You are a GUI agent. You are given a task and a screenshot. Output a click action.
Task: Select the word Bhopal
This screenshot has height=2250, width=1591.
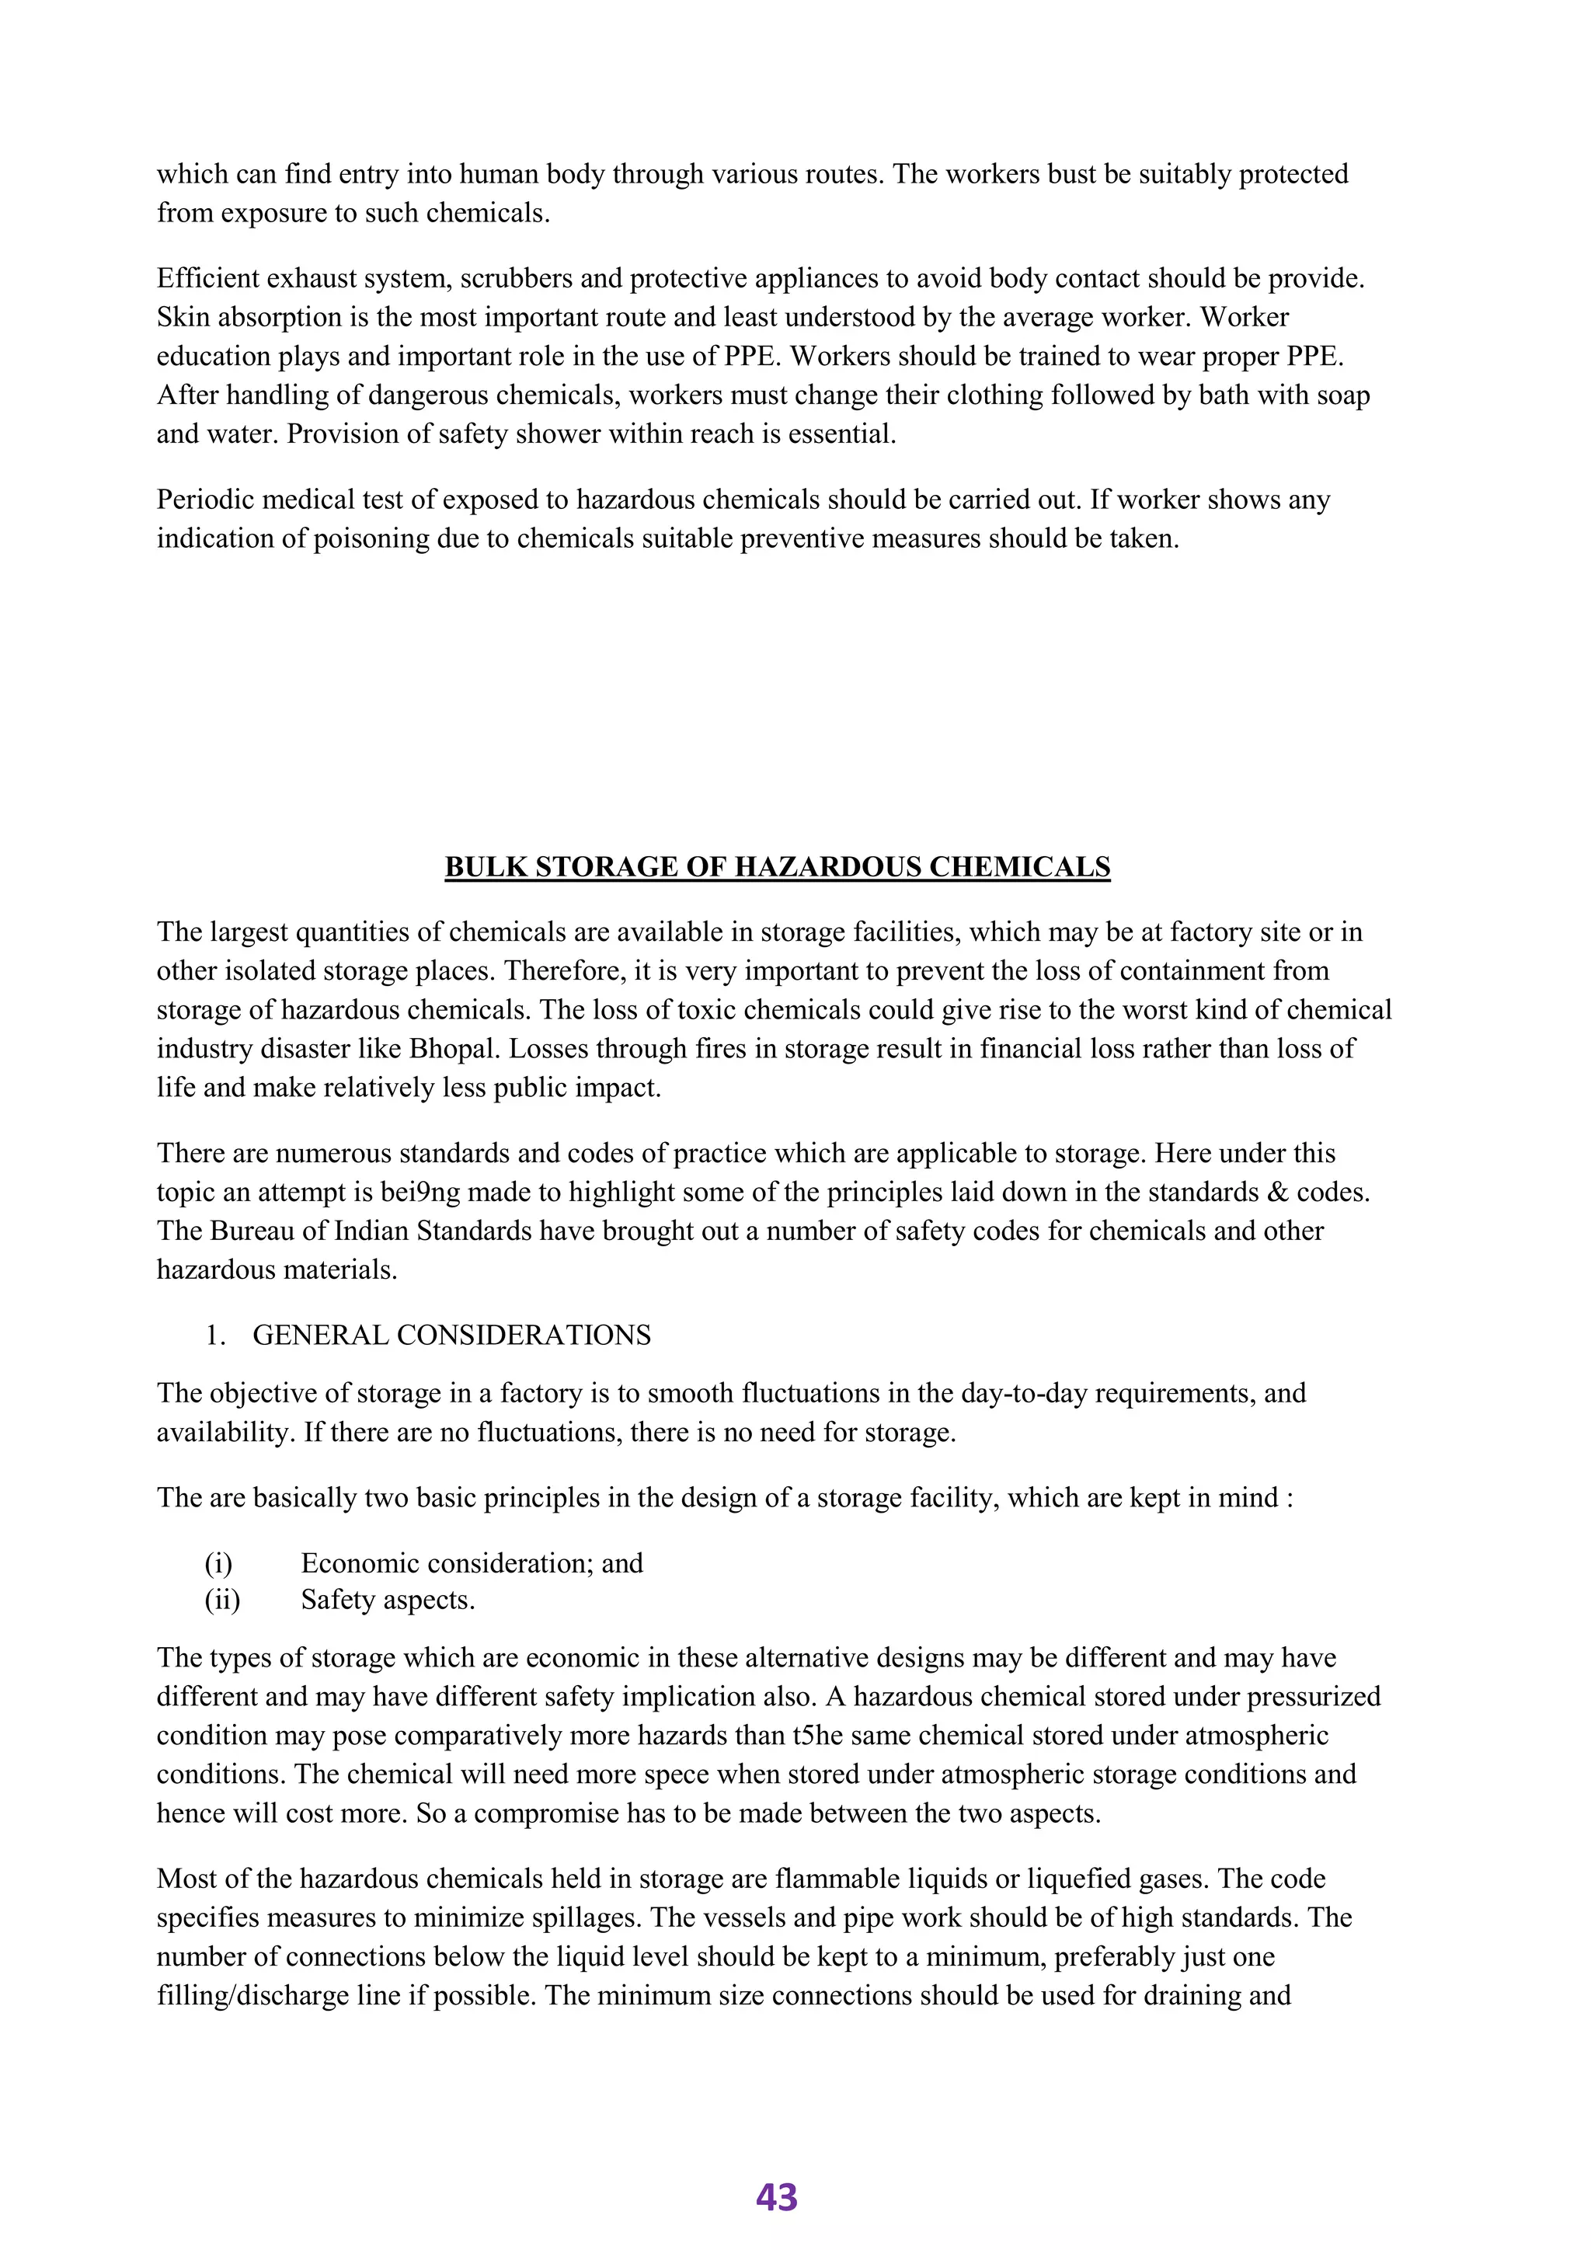(x=454, y=1049)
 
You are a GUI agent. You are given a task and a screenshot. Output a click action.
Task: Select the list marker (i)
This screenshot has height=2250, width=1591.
(x=218, y=1563)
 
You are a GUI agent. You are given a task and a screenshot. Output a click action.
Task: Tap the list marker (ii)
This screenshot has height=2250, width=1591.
(x=222, y=1600)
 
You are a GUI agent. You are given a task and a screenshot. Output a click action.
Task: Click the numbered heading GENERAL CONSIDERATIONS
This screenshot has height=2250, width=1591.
(x=451, y=1336)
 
